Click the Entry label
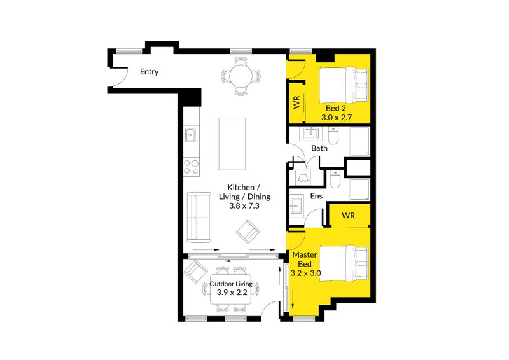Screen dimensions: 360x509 tap(149, 72)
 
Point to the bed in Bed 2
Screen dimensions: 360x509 tap(344, 84)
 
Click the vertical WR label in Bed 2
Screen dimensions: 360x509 tap(296, 102)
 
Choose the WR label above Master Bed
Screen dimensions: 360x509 tap(348, 216)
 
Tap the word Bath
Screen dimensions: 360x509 tap(319, 148)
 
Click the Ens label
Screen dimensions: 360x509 tap(316, 197)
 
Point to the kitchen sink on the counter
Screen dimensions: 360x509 tap(190, 135)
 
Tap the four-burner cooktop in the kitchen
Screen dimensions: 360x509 tap(190, 166)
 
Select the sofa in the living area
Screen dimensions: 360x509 tap(199, 217)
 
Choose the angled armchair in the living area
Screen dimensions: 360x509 tap(247, 231)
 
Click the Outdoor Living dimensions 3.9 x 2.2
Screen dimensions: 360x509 tap(231, 293)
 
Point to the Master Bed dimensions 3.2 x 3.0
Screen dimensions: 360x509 tap(306, 273)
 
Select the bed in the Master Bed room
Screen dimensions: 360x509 tap(344, 262)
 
